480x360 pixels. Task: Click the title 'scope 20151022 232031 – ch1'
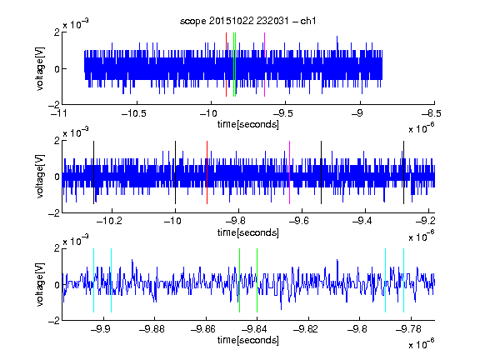point(248,21)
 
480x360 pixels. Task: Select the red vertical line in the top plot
point(226,65)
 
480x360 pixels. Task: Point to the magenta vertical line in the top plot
point(264,65)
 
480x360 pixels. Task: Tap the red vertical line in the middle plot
point(207,172)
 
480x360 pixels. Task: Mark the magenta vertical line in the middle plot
point(290,172)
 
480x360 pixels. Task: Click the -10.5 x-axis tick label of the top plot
point(134,114)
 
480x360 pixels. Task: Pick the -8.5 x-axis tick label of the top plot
point(431,114)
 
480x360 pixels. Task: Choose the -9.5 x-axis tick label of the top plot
point(282,114)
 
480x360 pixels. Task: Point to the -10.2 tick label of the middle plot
point(109,221)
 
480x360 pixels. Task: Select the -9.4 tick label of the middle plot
point(362,221)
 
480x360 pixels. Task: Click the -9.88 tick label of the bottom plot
point(152,329)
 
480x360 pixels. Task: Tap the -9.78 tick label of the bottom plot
point(408,329)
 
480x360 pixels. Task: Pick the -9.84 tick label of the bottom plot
point(254,329)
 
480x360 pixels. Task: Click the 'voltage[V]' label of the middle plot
point(40,177)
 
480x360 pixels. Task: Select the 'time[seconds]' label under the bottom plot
point(248,340)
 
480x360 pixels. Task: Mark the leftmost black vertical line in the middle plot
point(93,172)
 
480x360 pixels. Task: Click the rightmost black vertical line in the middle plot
point(403,172)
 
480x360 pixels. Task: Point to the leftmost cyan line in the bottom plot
point(93,280)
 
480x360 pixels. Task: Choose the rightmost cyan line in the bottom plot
point(403,280)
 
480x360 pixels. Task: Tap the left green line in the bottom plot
point(239,280)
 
